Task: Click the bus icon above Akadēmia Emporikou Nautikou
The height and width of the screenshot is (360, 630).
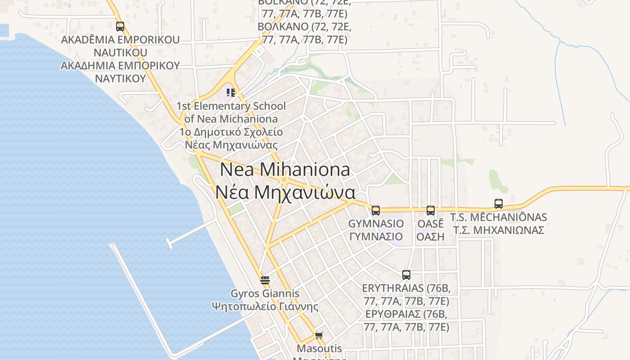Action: tap(120, 27)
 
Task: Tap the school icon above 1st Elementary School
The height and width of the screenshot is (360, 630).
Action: tap(231, 93)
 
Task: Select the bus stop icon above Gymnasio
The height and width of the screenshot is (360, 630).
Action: tap(376, 210)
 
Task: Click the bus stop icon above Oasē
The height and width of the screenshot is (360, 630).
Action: tap(431, 210)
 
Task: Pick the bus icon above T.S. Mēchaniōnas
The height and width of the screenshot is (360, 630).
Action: tap(499, 204)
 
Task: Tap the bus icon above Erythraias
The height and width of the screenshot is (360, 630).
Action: tap(406, 274)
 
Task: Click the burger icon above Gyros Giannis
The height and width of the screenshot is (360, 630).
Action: tap(265, 280)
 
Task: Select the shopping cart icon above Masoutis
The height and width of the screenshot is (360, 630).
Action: tap(319, 335)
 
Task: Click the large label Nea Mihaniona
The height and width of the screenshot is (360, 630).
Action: tap(285, 170)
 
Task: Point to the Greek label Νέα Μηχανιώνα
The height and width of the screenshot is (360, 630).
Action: tap(285, 193)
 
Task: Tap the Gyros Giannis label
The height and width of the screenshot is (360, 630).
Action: tap(265, 294)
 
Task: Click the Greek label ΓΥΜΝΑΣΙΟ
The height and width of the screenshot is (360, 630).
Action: tap(376, 237)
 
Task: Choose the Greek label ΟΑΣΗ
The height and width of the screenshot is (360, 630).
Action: tap(430, 237)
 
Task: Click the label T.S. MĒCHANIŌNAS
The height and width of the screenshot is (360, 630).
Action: tap(499, 217)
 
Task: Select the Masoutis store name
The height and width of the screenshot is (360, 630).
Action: tap(319, 348)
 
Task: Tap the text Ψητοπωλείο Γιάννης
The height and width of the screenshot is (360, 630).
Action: tap(265, 307)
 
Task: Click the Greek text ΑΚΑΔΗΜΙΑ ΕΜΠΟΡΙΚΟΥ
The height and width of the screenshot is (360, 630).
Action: tap(120, 66)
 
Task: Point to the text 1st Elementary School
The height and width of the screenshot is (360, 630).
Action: tap(231, 106)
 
